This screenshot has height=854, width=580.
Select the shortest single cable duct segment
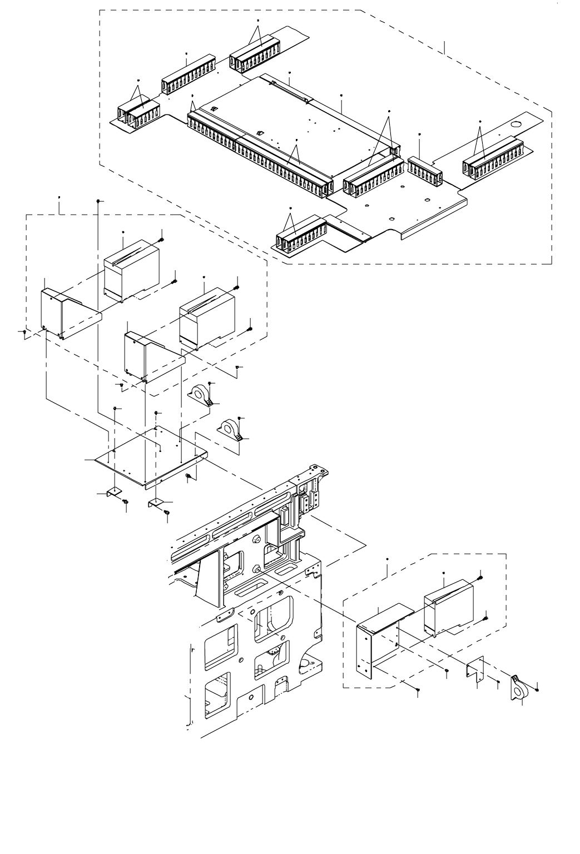coord(424,169)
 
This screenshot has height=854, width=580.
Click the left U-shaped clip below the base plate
coord(114,493)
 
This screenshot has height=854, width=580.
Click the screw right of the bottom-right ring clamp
coord(538,689)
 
